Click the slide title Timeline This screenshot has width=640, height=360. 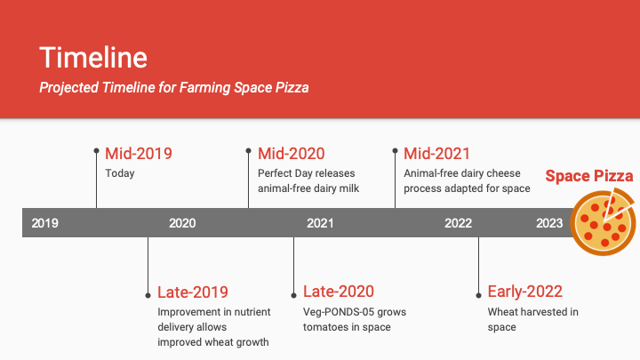[93, 57]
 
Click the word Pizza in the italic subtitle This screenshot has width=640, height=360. [292, 87]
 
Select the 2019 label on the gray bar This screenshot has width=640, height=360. [45, 223]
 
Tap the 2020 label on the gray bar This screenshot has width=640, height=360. [182, 223]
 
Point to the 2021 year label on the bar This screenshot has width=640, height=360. [320, 223]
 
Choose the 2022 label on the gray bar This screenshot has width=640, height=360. [458, 223]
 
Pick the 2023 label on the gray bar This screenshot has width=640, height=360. [549, 223]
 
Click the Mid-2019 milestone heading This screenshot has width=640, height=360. [139, 154]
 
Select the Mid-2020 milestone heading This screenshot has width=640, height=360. [292, 154]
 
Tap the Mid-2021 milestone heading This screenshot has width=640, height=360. [436, 154]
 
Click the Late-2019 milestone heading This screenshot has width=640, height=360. [193, 292]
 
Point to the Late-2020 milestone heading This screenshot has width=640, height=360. [339, 292]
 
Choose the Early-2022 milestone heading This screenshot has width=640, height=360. [525, 292]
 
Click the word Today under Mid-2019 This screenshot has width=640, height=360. [120, 173]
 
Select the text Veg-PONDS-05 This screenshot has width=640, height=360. [332, 312]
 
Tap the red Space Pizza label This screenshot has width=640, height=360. [589, 176]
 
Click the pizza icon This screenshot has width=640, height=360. [603, 221]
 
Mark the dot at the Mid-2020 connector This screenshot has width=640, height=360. [248, 150]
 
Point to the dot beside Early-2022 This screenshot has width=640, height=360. [478, 295]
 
